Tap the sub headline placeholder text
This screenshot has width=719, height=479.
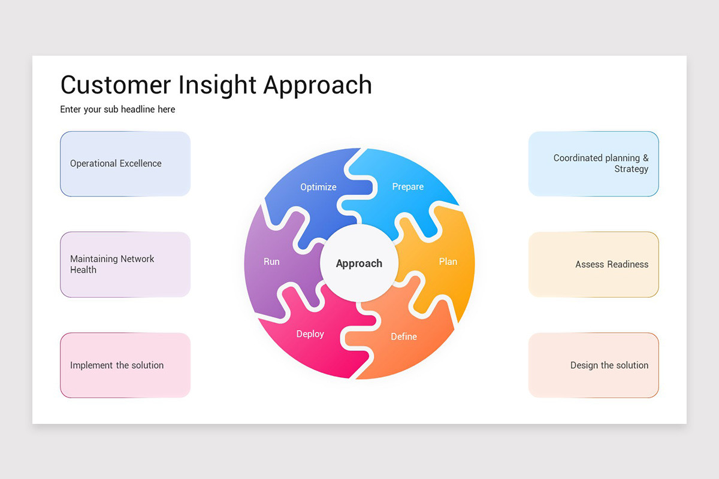[117, 110]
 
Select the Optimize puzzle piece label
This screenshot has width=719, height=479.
[318, 187]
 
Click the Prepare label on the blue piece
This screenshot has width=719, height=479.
[407, 187]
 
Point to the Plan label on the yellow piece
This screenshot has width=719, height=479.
[448, 262]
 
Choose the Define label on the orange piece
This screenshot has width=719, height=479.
[404, 336]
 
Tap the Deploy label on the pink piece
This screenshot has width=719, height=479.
[310, 334]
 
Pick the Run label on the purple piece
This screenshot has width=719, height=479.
[271, 262]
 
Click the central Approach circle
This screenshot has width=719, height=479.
[359, 263]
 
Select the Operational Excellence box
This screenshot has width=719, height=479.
[125, 163]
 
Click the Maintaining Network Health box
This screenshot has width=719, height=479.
[125, 264]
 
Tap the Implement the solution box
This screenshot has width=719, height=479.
[125, 365]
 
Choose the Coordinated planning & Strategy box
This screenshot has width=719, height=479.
[593, 163]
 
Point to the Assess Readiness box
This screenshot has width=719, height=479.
[593, 264]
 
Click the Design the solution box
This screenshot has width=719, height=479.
[593, 365]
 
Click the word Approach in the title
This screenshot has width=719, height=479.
[318, 85]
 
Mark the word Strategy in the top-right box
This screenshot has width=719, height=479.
[631, 169]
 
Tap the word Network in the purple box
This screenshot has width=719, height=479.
[137, 259]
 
